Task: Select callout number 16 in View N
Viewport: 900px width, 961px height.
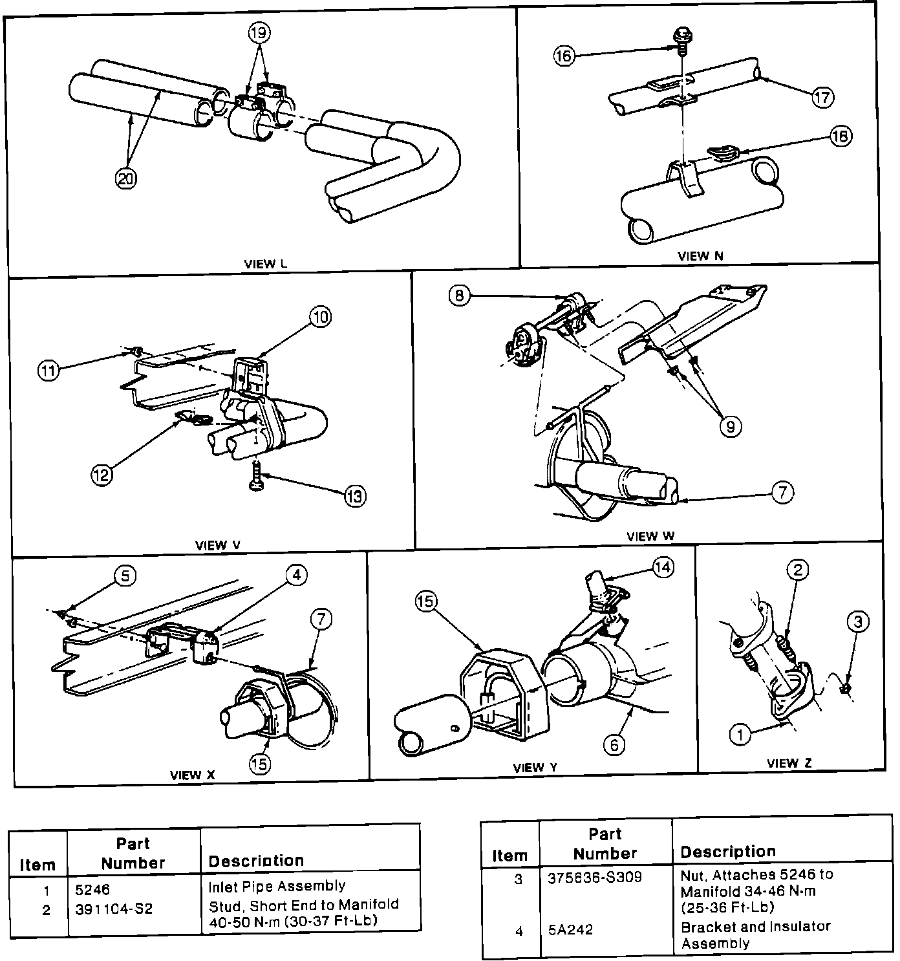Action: (x=564, y=56)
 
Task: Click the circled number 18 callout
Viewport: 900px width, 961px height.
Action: (x=841, y=136)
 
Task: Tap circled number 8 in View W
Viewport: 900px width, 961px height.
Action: (x=458, y=296)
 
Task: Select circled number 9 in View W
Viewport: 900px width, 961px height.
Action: (x=731, y=426)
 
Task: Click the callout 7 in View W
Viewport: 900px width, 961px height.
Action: (x=782, y=493)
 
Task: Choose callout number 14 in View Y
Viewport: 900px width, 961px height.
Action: (x=663, y=567)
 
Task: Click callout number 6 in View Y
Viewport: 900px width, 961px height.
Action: (x=614, y=745)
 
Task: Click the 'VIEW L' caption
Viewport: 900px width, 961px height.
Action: (x=265, y=264)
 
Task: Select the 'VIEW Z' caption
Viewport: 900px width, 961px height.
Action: (x=788, y=763)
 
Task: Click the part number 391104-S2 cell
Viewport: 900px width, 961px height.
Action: (x=114, y=909)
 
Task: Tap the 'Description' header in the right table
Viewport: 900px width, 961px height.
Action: (x=727, y=852)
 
